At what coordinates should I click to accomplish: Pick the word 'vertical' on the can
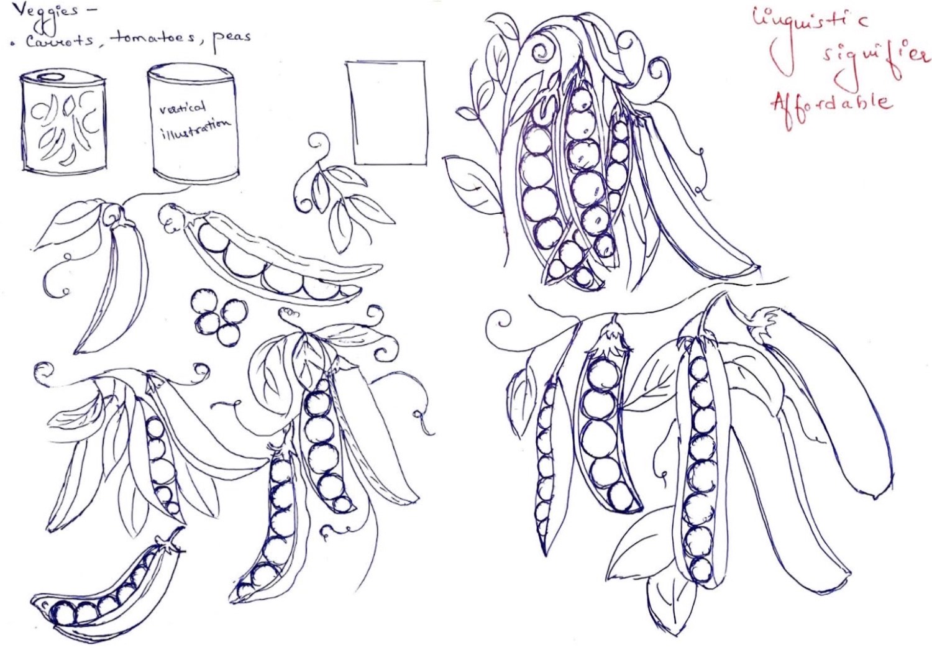[183, 108]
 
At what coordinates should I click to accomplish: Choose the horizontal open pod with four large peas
[275, 260]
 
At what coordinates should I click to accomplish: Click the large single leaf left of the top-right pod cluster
[472, 185]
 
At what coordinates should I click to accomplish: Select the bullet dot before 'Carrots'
[14, 43]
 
